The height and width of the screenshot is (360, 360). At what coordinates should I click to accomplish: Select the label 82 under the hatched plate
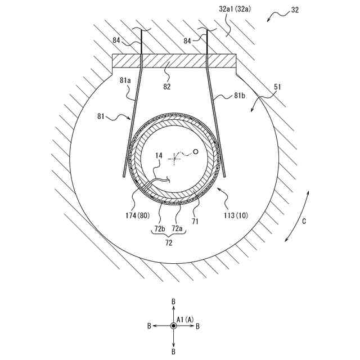pyautogui.click(x=166, y=87)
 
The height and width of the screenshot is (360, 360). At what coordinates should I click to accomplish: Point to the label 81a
pyautogui.click(x=125, y=81)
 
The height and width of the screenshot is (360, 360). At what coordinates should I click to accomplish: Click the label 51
pyautogui.click(x=278, y=88)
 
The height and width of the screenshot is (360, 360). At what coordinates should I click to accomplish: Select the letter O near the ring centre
pyautogui.click(x=196, y=151)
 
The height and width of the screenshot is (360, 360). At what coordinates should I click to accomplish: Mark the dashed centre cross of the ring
pyautogui.click(x=175, y=158)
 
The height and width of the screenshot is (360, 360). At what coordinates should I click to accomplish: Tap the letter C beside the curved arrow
pyautogui.click(x=304, y=221)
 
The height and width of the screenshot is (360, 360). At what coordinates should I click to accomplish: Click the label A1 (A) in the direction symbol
pyautogui.click(x=186, y=319)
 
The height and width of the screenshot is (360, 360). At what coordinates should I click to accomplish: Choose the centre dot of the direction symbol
pyautogui.click(x=173, y=326)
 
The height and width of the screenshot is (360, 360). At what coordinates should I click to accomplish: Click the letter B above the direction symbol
pyautogui.click(x=173, y=301)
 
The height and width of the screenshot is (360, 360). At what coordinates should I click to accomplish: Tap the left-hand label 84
pyautogui.click(x=116, y=40)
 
